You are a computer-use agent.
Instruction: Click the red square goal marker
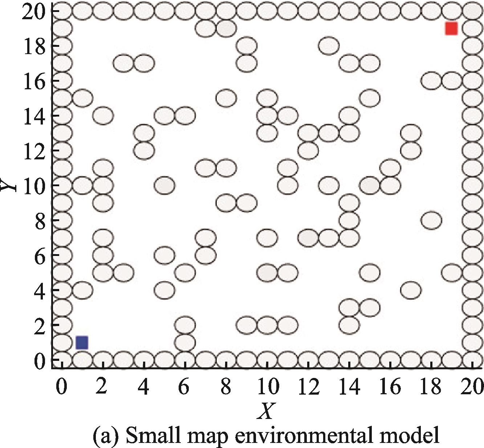click(x=451, y=28)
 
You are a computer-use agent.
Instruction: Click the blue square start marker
click(x=82, y=342)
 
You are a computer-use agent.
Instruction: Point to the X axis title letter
click(x=267, y=411)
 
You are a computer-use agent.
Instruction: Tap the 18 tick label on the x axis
click(x=431, y=387)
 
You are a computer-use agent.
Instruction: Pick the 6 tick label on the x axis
click(x=184, y=387)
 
